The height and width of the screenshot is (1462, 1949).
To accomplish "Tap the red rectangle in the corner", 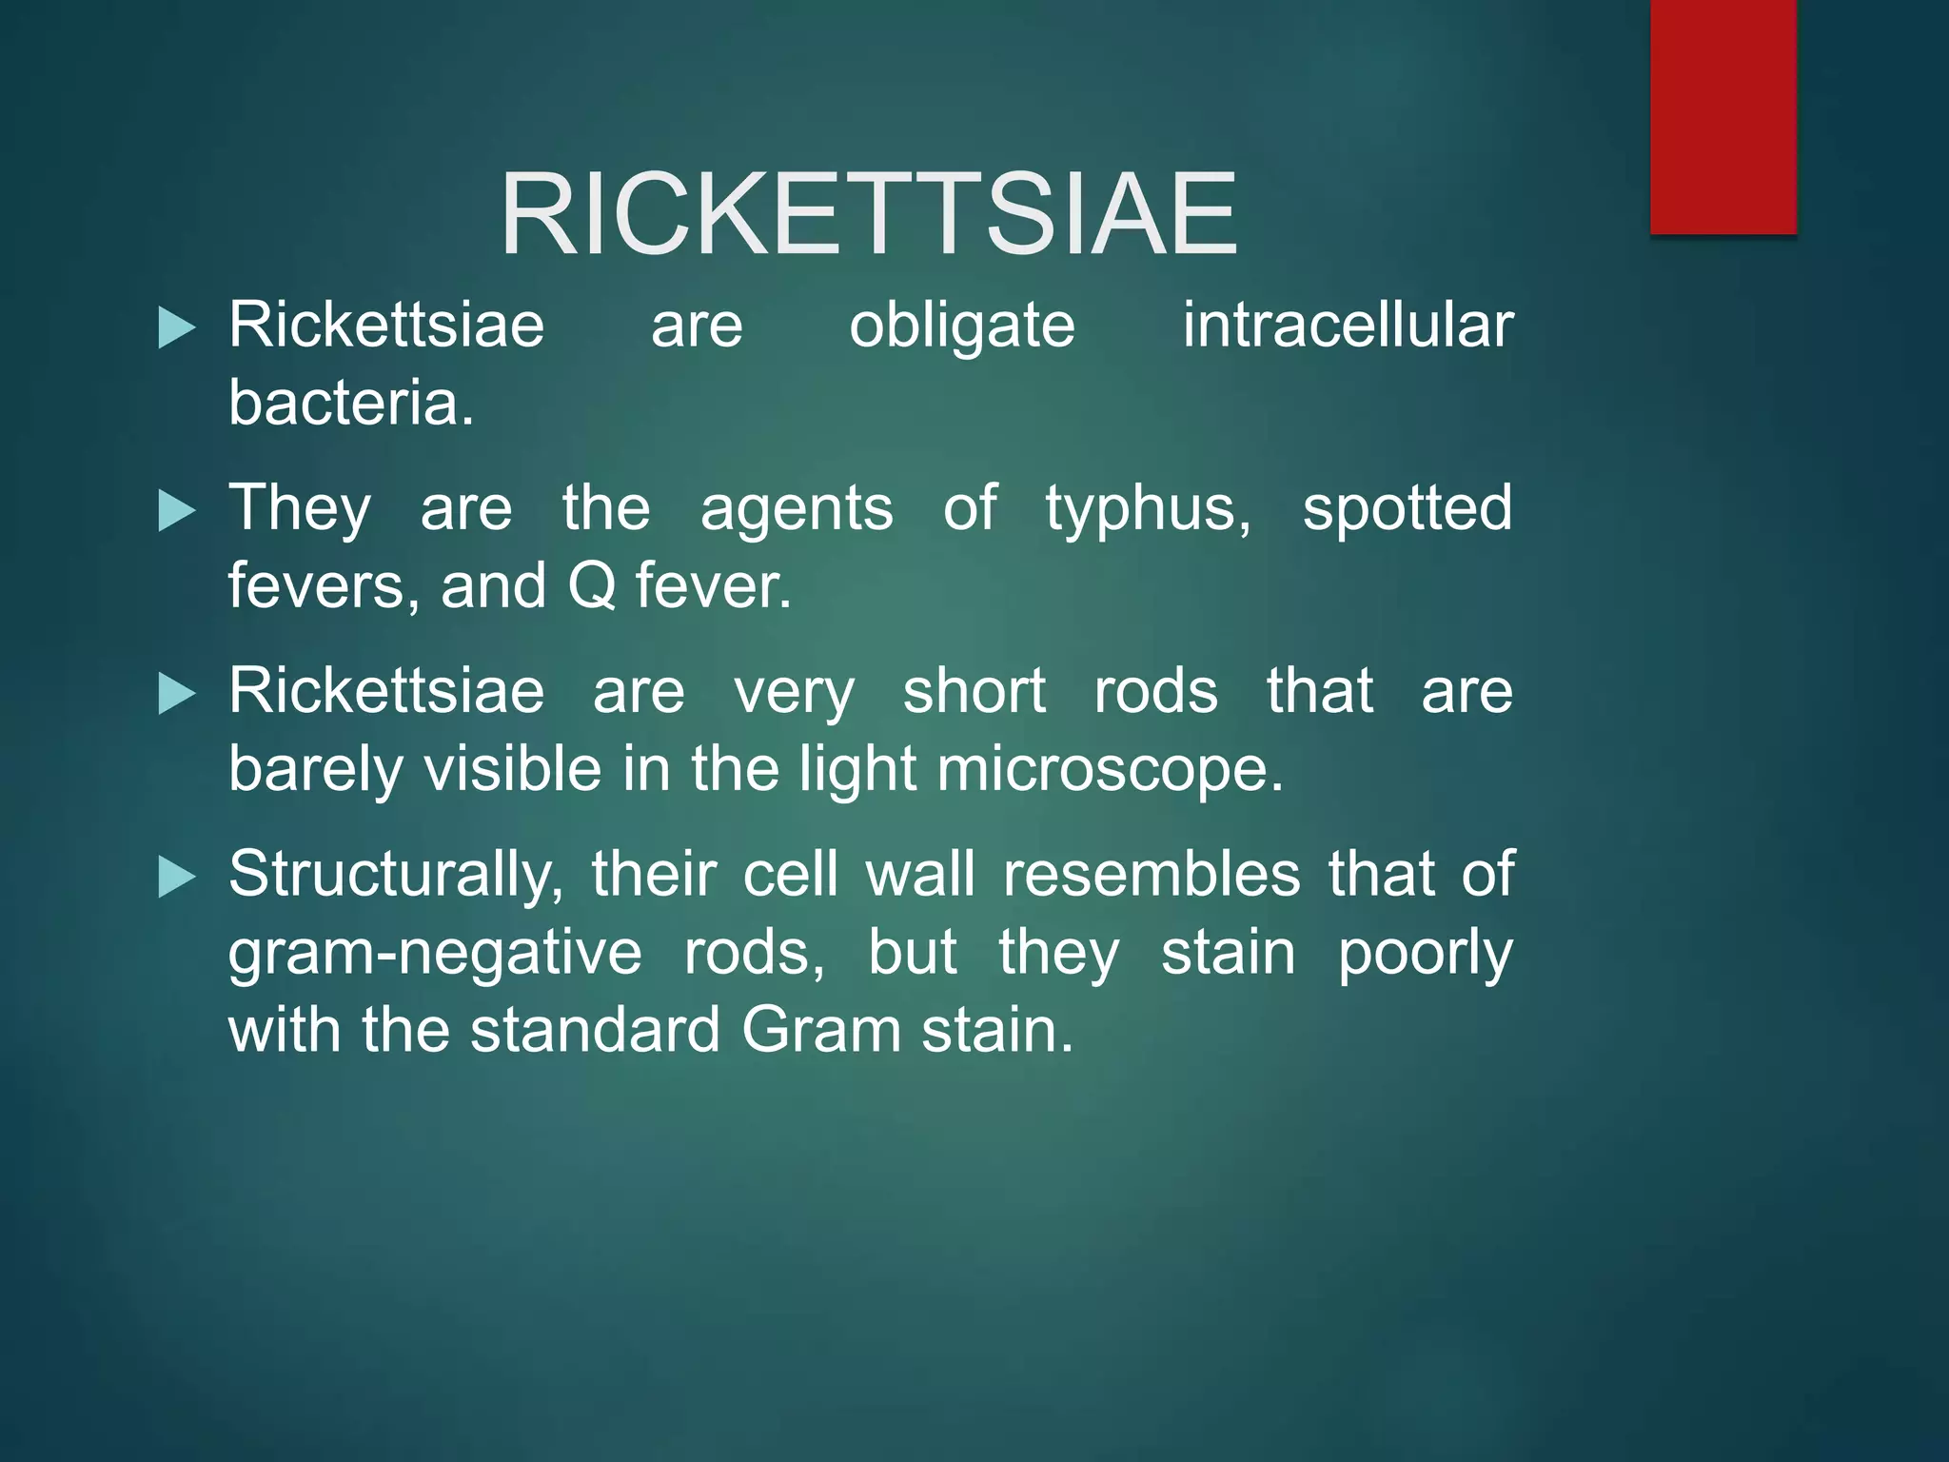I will [1723, 116].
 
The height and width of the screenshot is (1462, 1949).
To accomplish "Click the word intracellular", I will [1348, 326].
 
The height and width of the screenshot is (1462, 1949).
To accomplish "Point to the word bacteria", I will [350, 403].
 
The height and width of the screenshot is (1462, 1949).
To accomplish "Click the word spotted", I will [1407, 509].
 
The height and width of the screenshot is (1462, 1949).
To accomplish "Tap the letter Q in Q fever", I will [592, 586].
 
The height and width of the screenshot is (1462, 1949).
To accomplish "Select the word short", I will [974, 691].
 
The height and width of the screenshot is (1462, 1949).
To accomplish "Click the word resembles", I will [1152, 874].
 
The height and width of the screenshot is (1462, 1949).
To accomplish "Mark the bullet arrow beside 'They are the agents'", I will [176, 510].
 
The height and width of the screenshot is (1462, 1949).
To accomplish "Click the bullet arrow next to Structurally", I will [176, 877].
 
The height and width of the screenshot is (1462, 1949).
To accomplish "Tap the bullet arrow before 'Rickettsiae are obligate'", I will [176, 328].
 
